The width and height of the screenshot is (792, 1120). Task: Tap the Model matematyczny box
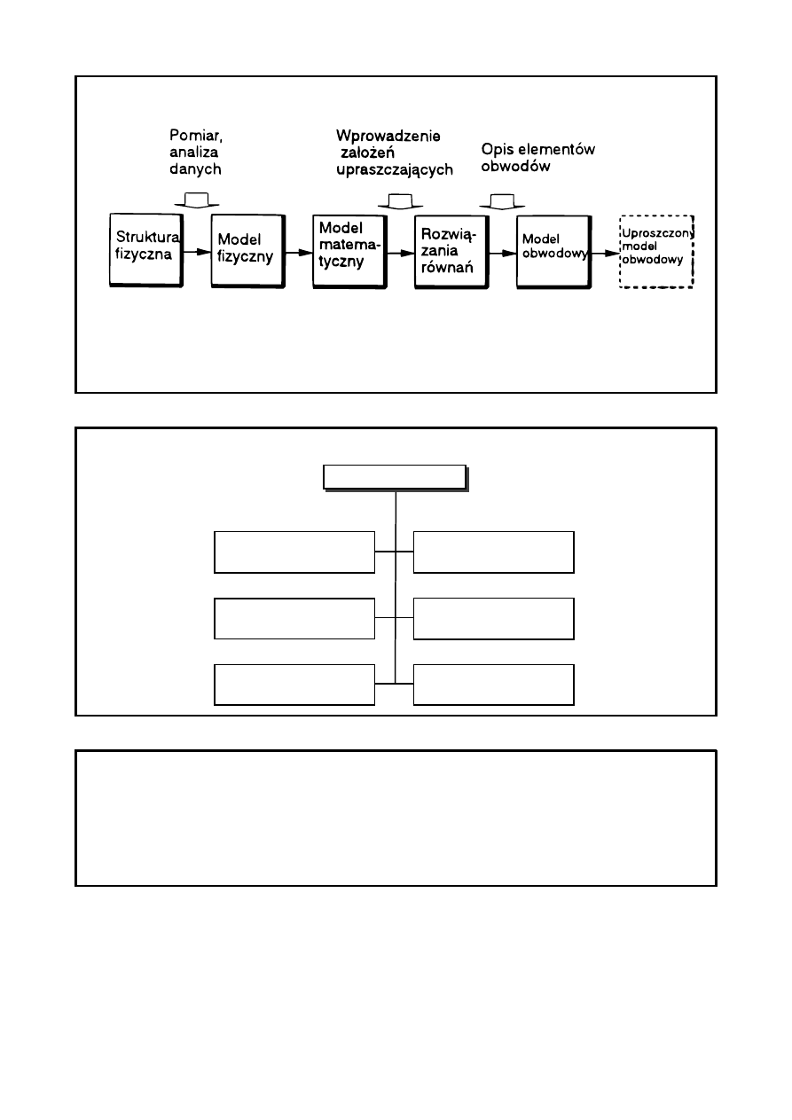(349, 249)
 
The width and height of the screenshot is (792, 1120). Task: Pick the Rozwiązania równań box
(451, 249)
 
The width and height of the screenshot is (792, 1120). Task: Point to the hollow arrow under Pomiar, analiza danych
(197, 200)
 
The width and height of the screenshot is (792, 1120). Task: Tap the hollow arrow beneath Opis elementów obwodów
(501, 201)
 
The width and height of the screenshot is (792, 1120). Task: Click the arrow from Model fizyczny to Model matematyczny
(297, 252)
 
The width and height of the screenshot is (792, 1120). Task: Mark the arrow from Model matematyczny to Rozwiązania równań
(400, 252)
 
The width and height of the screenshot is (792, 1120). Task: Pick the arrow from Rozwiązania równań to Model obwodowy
(502, 252)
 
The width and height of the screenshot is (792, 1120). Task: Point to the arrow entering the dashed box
(605, 252)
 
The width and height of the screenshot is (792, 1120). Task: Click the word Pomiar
(194, 135)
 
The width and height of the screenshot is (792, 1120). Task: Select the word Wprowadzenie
(388, 135)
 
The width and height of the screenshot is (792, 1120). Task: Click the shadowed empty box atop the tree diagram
(394, 477)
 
